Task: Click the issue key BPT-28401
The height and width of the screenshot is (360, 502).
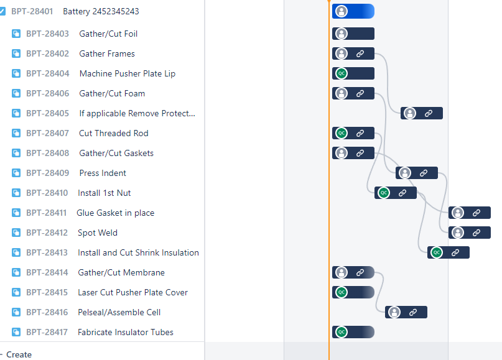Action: click(32, 12)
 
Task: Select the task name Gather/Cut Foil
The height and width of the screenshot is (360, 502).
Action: click(108, 34)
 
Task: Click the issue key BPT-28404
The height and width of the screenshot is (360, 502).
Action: click(47, 73)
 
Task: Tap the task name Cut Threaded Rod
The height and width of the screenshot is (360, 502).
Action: click(114, 133)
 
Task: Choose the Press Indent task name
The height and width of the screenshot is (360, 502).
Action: click(103, 173)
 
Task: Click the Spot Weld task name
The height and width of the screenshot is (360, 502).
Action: click(98, 233)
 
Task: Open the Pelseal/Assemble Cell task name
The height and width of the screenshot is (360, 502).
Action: click(119, 312)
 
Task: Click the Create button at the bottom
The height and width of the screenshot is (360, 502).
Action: click(19, 354)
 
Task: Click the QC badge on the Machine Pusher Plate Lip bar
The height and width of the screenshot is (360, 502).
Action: click(341, 73)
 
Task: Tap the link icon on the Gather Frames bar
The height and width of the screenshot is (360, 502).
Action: click(360, 54)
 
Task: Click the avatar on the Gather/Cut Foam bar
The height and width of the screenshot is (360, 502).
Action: click(341, 93)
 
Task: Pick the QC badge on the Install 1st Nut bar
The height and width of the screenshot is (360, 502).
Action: click(384, 193)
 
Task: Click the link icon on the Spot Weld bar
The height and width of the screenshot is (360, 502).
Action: click(476, 233)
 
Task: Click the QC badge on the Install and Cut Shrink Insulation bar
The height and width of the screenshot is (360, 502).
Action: click(437, 252)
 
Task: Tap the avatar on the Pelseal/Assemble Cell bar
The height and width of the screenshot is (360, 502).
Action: click(394, 312)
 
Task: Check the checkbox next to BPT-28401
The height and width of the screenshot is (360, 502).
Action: click(2, 12)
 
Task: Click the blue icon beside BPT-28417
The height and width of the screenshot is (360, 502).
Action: click(16, 332)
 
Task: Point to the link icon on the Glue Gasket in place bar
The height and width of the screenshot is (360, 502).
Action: click(476, 213)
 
